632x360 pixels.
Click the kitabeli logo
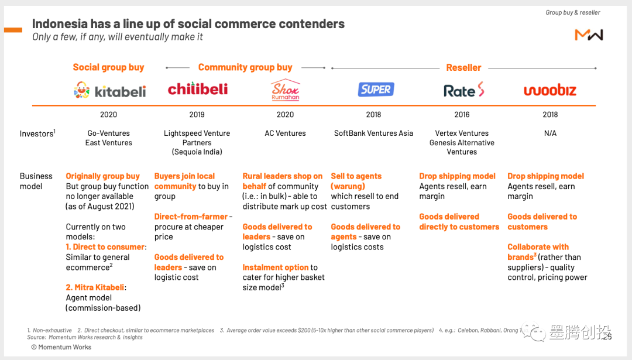(109, 91)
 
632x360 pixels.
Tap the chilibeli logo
(197, 90)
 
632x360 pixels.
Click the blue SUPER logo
(376, 90)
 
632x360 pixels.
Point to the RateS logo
(464, 90)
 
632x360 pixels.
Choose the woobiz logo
(549, 90)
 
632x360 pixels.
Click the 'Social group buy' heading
(108, 67)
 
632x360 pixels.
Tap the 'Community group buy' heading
(245, 67)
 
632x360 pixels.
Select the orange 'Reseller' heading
(463, 67)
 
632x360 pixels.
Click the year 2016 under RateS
(462, 115)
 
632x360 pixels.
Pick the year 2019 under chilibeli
(197, 115)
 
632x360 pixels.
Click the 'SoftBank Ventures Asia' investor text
(373, 133)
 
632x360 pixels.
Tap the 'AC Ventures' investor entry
(285, 133)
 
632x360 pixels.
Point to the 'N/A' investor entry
(550, 133)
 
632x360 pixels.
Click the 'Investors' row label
(37, 133)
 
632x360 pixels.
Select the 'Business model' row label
(36, 181)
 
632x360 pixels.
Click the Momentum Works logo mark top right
(589, 35)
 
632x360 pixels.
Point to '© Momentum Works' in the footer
(61, 347)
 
